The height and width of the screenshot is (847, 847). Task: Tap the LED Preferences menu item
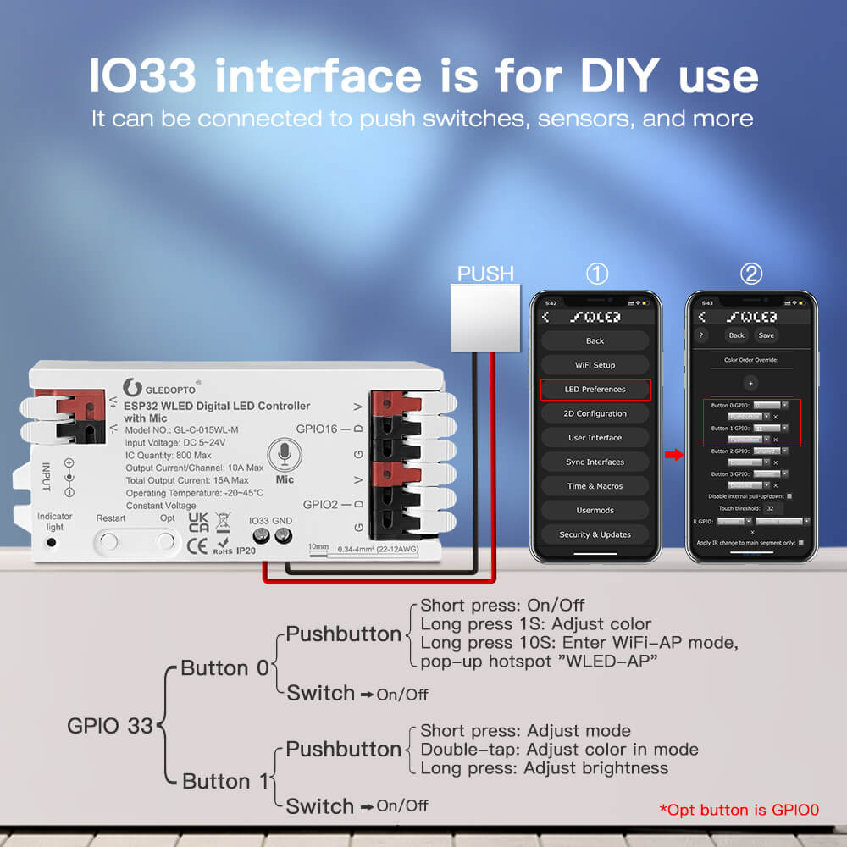(x=595, y=390)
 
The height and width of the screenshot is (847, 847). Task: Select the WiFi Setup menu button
(x=595, y=365)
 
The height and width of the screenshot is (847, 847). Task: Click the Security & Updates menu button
(x=595, y=534)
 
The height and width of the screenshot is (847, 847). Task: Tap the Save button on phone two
(x=766, y=335)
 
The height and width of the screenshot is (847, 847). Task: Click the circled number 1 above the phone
(x=597, y=274)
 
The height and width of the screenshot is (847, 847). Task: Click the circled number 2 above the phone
(x=751, y=274)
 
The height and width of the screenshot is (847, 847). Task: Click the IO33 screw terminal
(x=260, y=535)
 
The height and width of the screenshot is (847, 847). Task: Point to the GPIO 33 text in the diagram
(x=110, y=726)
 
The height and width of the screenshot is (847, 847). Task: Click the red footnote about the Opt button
(x=739, y=810)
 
